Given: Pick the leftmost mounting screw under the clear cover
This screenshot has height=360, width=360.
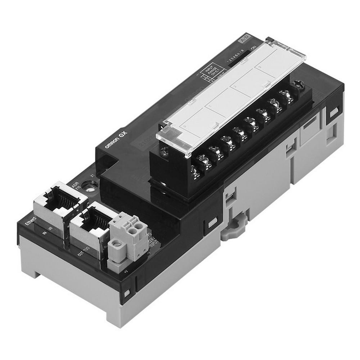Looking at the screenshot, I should click(x=164, y=152).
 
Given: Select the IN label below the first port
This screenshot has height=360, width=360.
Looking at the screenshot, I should click(x=48, y=234).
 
